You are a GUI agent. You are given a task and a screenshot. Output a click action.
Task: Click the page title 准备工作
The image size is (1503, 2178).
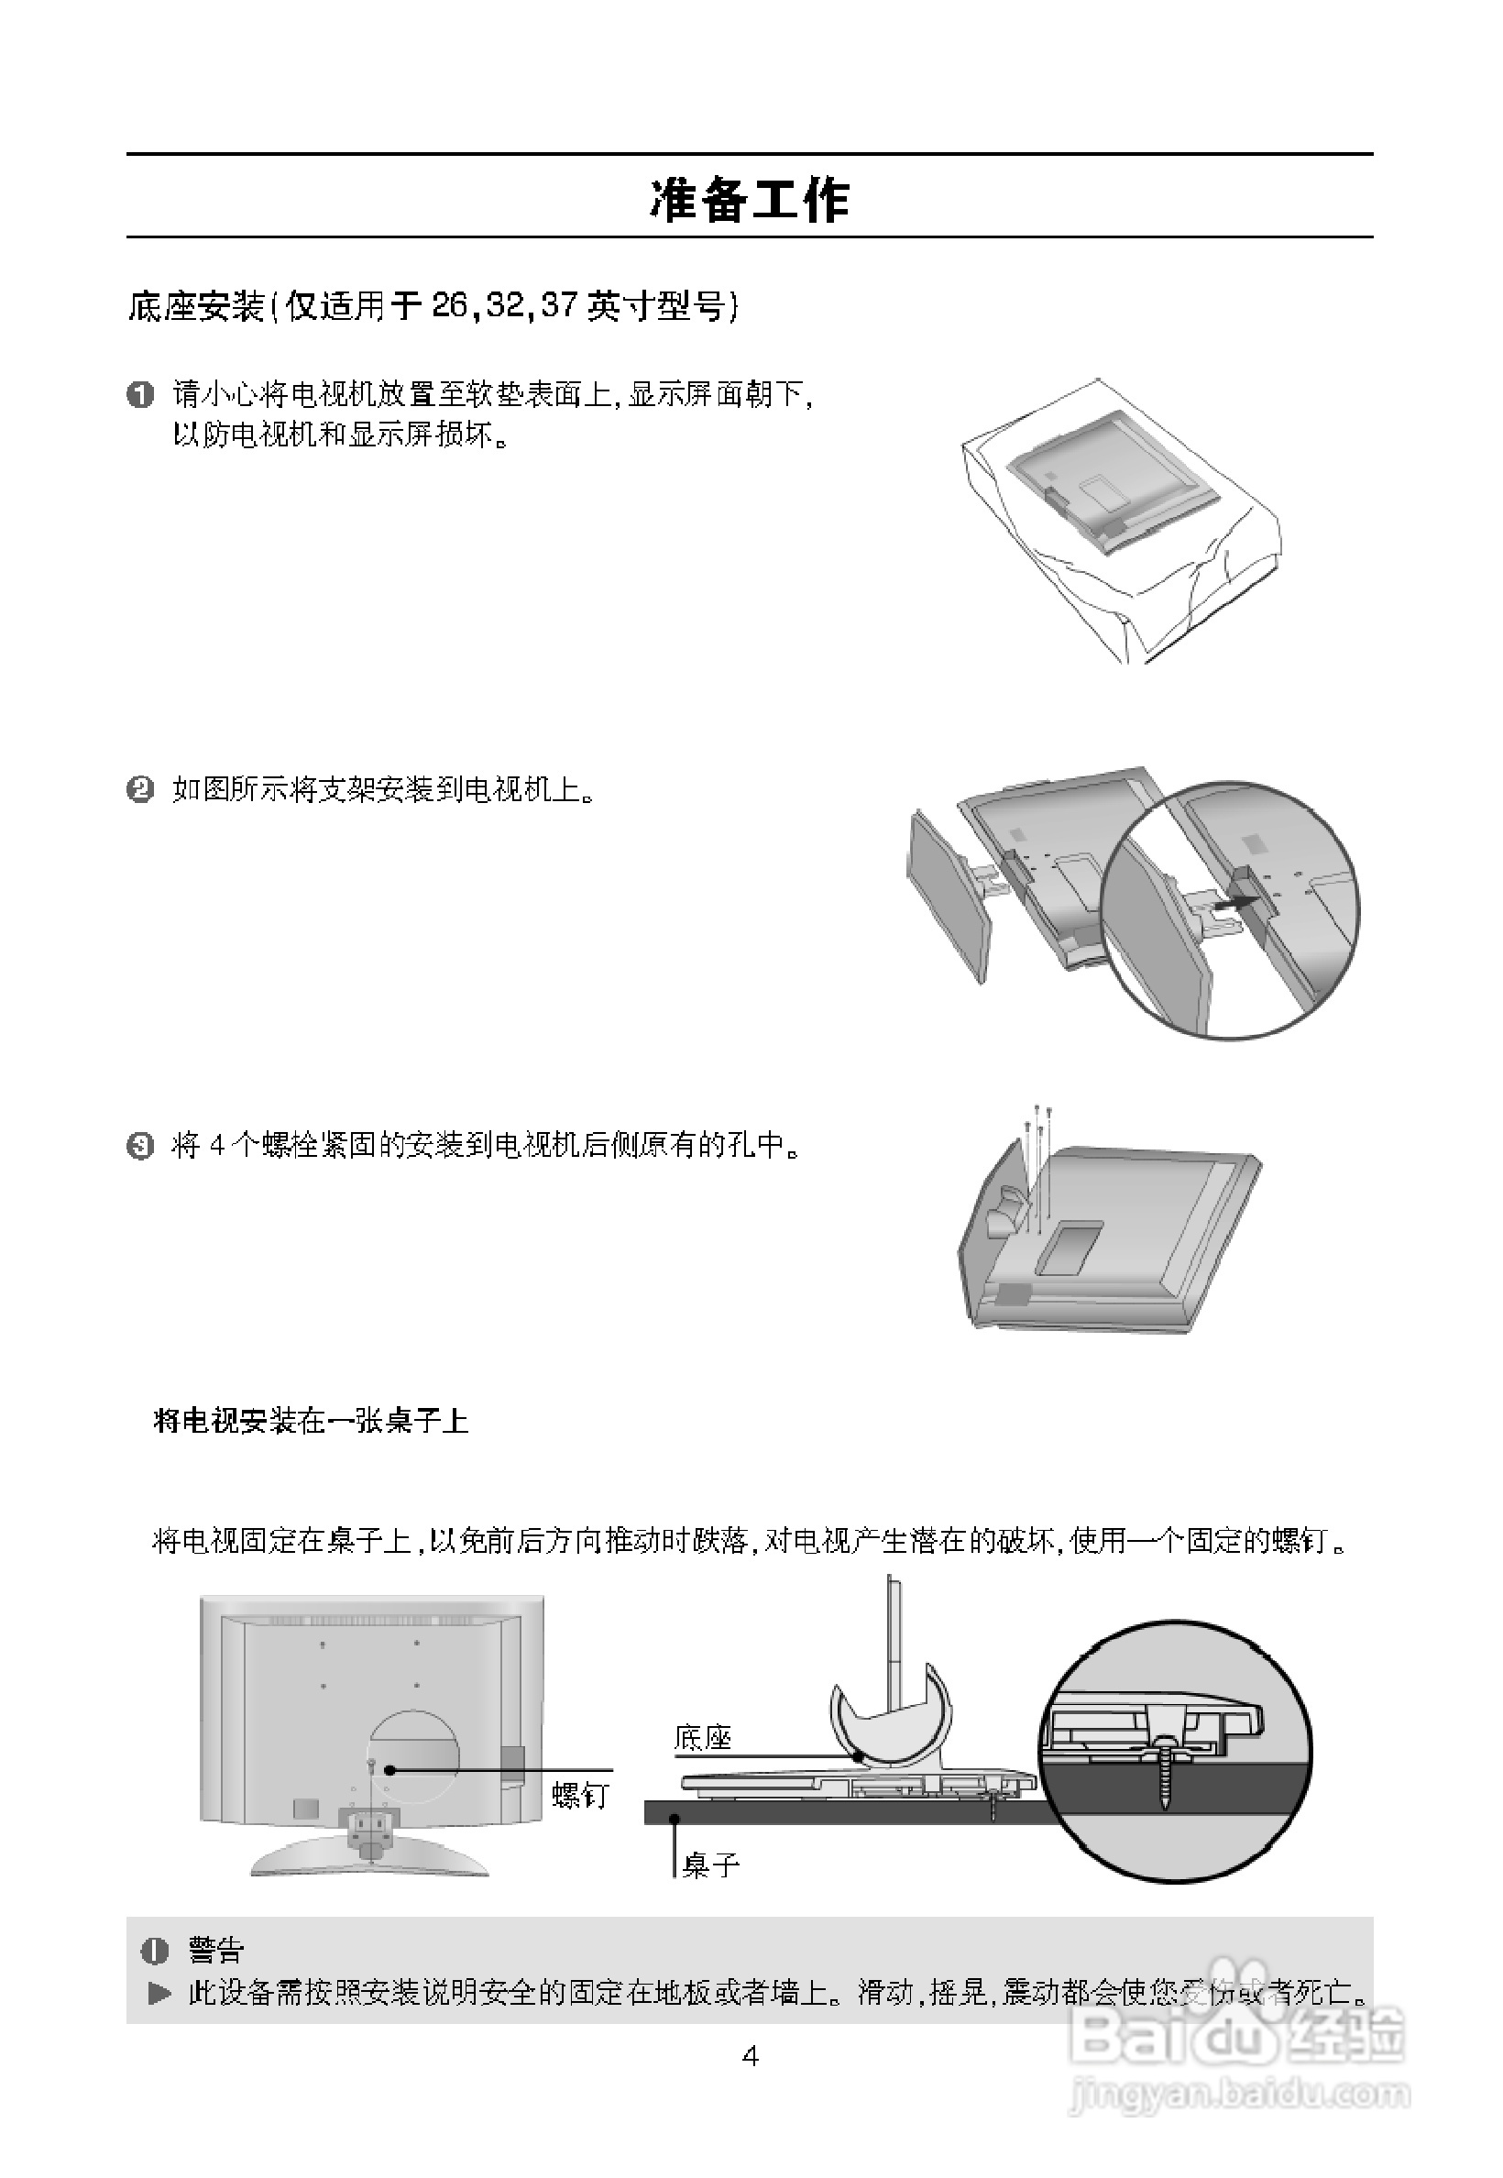pyautogui.click(x=750, y=200)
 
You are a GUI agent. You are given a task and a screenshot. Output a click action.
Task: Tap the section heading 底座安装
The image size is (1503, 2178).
pyautogui.click(x=196, y=307)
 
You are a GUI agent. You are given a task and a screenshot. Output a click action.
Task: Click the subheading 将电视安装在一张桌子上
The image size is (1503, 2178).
pyautogui.click(x=311, y=1421)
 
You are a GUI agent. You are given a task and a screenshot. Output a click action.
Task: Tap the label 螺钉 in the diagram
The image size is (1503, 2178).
pyautogui.click(x=580, y=1796)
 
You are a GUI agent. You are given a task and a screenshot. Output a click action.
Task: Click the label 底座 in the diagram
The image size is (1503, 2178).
pyautogui.click(x=703, y=1738)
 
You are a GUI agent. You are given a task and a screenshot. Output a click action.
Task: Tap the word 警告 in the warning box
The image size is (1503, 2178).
pyautogui.click(x=215, y=1948)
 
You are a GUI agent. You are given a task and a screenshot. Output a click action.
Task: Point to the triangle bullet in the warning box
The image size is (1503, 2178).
pyautogui.click(x=160, y=1993)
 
